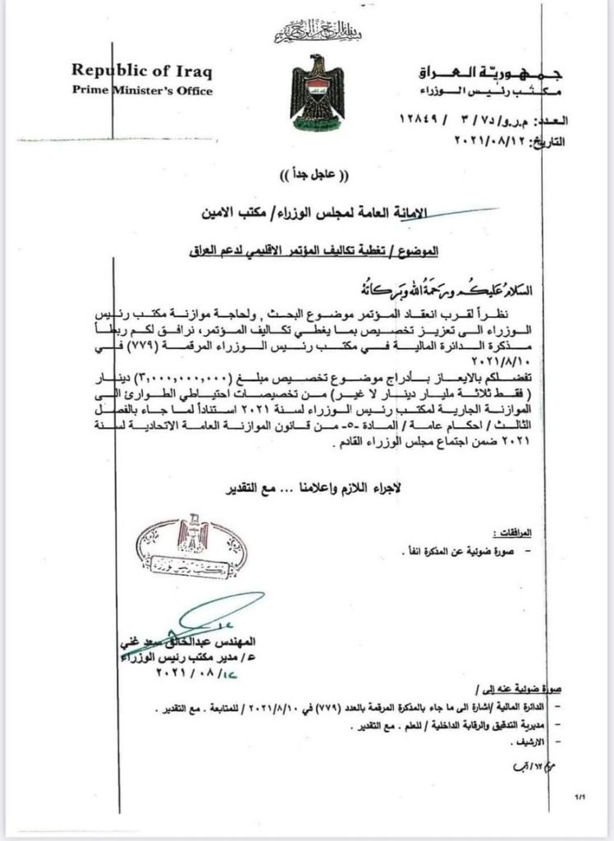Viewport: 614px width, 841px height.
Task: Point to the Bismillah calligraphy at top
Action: [x=307, y=34]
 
